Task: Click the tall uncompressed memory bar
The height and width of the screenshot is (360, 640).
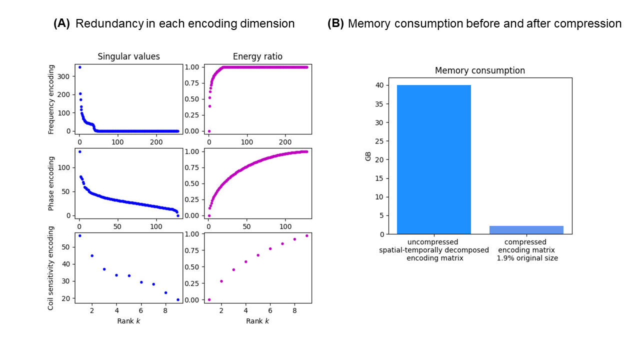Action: pos(434,159)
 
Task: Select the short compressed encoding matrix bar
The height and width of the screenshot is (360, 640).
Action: pos(526,230)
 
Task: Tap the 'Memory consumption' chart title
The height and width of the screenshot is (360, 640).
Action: pos(479,70)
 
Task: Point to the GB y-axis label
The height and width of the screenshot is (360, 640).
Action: pos(368,156)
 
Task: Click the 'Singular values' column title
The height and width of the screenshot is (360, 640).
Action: pos(128,56)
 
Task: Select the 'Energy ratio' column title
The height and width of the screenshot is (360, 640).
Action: pos(257,56)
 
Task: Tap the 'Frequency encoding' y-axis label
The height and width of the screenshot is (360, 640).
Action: pos(51,99)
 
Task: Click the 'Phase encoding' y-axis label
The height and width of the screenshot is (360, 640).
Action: pos(51,183)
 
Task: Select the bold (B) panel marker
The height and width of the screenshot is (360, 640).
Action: pos(335,23)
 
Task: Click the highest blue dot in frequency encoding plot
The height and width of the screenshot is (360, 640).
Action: pos(79,67)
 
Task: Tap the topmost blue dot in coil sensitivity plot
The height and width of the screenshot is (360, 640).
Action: pos(79,235)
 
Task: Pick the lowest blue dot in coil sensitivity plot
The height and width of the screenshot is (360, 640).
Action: pos(177,299)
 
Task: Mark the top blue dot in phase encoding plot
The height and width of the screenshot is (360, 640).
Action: pos(79,151)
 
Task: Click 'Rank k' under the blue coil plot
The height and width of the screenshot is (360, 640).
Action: pos(128,320)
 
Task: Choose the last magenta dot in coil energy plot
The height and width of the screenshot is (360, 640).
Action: pos(306,235)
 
